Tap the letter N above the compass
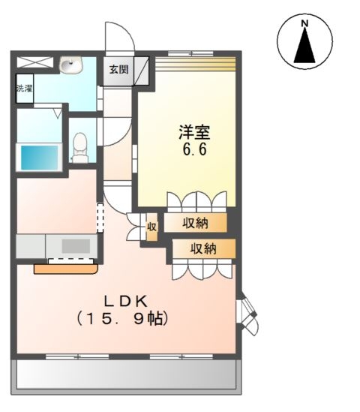[x=304, y=23]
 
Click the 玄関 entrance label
[x=118, y=70]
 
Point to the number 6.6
[x=193, y=149]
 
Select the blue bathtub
[x=39, y=158]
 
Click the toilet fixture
[x=80, y=147]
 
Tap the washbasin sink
[x=71, y=66]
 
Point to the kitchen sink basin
[x=75, y=245]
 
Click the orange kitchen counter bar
[x=66, y=265]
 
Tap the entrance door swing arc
[x=118, y=38]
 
